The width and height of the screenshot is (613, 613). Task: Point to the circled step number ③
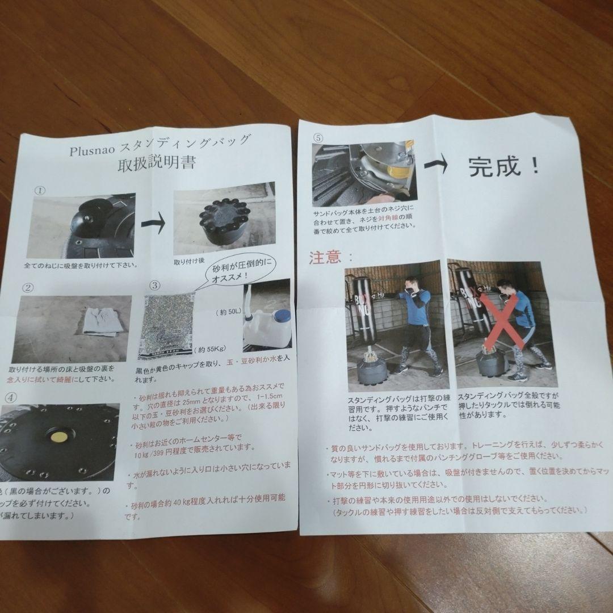pos(157,285)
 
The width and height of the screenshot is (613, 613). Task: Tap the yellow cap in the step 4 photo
pos(58,438)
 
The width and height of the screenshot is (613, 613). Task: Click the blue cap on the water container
pos(282,315)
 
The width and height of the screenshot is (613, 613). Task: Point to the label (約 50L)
pos(230,313)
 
